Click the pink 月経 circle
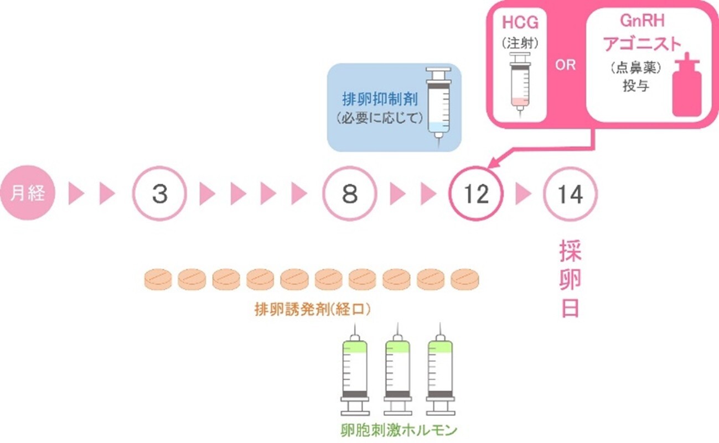[28, 194]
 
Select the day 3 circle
[159, 194]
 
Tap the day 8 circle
[350, 194]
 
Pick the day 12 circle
[477, 194]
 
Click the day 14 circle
[570, 194]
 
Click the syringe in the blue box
[438, 105]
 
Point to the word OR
[565, 65]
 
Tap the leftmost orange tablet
[158, 279]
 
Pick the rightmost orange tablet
[465, 279]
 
